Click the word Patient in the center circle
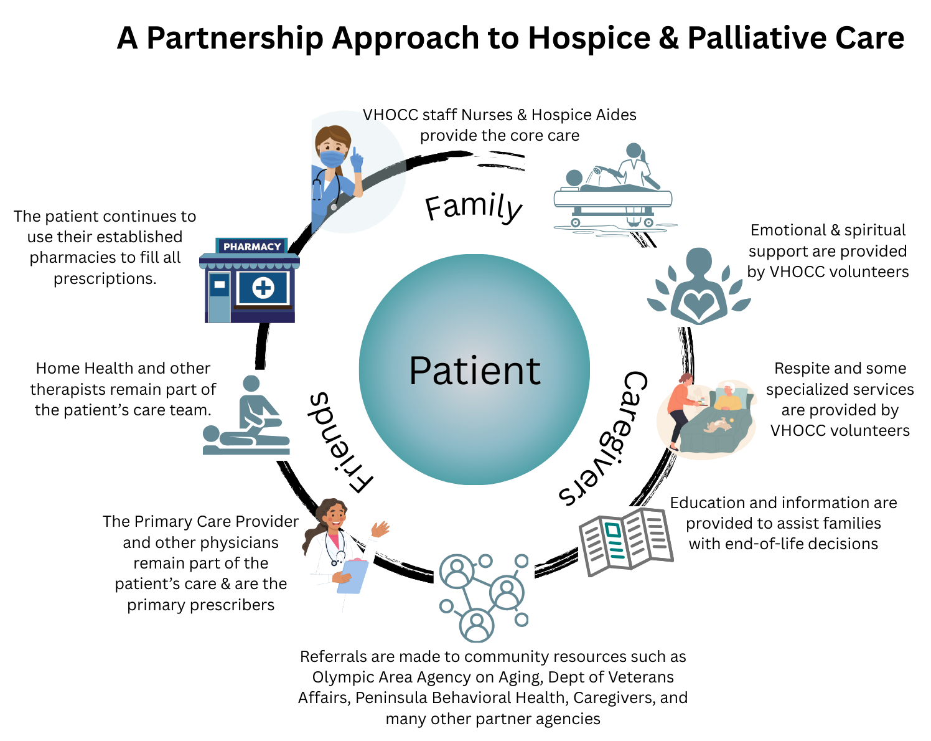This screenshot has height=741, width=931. (474, 371)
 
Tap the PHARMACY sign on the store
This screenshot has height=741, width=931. (252, 247)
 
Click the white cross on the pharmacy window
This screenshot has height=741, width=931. (263, 288)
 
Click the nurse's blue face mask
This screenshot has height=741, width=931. (332, 158)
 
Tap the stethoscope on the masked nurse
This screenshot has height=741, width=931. (320, 184)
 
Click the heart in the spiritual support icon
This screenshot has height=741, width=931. (699, 304)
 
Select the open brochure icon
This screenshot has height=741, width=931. (625, 540)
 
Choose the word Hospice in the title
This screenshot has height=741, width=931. (589, 39)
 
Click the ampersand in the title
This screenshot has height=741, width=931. (668, 39)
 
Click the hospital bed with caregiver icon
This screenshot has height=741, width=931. (613, 190)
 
